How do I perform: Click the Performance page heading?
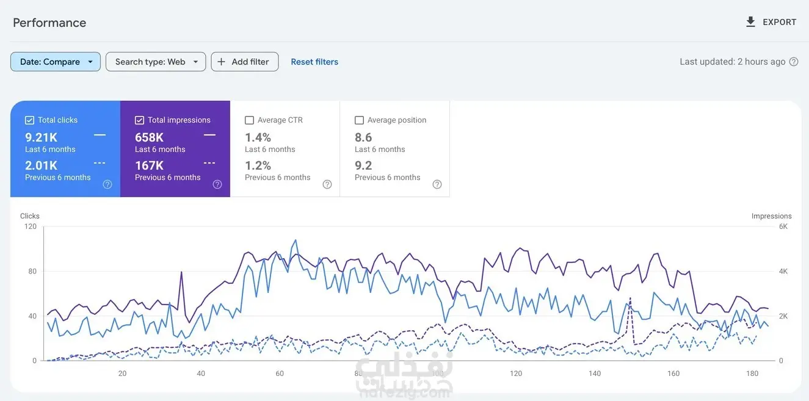[x=49, y=23]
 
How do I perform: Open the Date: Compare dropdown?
[x=56, y=62]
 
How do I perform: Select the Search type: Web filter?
[x=156, y=62]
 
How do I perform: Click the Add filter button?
[x=244, y=62]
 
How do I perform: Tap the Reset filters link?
[x=314, y=62]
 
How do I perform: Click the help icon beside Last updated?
[x=794, y=62]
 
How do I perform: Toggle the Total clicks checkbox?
[x=30, y=120]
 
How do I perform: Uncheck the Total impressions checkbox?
[x=139, y=120]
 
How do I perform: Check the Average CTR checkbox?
[x=249, y=120]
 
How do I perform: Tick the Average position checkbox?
[x=359, y=120]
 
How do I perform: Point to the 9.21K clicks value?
[x=41, y=137]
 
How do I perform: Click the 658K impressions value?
[x=149, y=137]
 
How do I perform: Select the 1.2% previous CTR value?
[x=258, y=165]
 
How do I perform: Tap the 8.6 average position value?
[x=363, y=137]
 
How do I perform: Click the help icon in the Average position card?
[x=437, y=184]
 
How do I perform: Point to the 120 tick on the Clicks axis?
[x=31, y=226]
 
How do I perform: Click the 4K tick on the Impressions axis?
[x=783, y=272]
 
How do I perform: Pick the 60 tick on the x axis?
[x=280, y=374]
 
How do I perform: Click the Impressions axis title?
[x=771, y=216]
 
